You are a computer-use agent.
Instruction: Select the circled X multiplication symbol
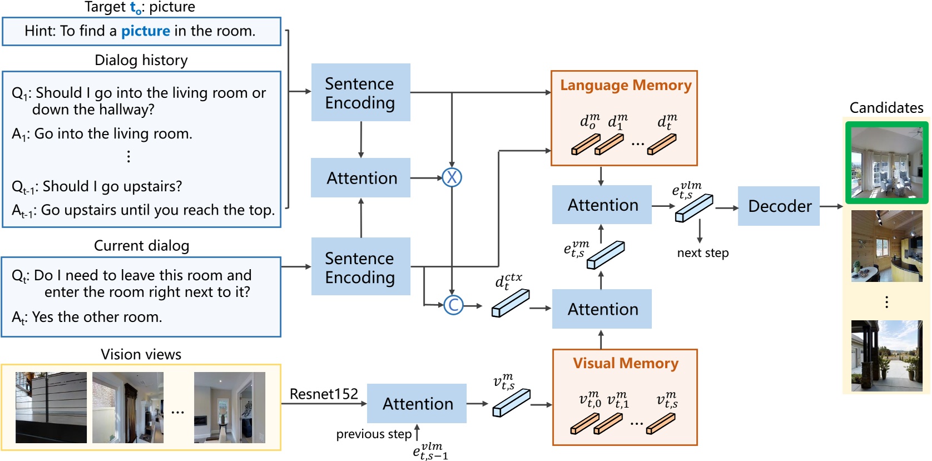[x=452, y=177]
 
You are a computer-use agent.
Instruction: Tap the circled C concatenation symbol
[x=453, y=305]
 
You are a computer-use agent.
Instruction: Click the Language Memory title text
[x=625, y=85]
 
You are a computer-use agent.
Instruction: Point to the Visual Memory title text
[x=625, y=363]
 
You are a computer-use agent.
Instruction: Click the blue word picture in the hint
[x=145, y=31]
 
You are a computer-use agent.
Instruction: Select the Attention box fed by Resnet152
[x=417, y=404]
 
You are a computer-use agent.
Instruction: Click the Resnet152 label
[x=324, y=394]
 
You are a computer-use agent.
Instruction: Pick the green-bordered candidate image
[x=886, y=163]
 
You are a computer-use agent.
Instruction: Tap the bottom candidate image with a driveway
[x=886, y=356]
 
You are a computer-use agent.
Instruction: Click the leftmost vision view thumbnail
[x=51, y=408]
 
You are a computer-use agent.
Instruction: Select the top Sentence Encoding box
[x=360, y=93]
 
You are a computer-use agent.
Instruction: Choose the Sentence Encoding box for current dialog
[x=360, y=267]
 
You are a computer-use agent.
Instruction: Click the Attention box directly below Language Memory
[x=602, y=205]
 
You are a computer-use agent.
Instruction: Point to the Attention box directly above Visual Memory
[x=602, y=309]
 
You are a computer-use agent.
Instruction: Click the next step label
[x=702, y=253]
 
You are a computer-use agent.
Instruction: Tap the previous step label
[x=374, y=434]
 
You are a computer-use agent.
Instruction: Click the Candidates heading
[x=886, y=108]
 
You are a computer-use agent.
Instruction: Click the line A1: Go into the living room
[x=102, y=134]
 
